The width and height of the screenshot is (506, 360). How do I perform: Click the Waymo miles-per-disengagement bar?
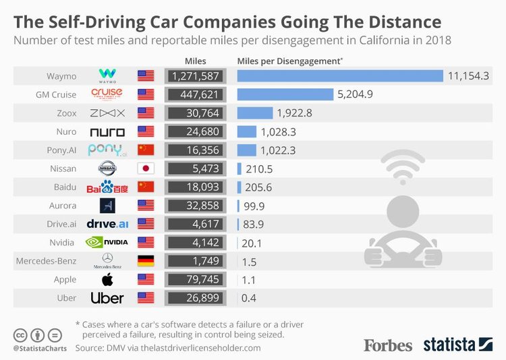pos(340,76)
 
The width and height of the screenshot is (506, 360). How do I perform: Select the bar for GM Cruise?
pos(285,94)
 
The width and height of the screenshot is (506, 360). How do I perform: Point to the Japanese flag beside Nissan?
pos(146,168)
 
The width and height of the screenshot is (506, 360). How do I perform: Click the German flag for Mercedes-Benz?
pos(146,260)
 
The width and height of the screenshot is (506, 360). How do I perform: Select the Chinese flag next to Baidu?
pos(146,186)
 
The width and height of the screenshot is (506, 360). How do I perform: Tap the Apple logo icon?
pos(107,278)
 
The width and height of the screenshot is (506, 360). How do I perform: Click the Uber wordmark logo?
pos(107,297)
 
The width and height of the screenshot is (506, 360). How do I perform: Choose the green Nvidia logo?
pos(107,241)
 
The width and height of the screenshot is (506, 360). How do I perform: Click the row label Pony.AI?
pos(62,150)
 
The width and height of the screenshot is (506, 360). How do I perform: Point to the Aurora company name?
pos(64,205)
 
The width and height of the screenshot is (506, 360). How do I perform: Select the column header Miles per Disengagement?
pos(289,60)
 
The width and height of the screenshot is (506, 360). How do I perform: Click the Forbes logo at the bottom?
pos(388,345)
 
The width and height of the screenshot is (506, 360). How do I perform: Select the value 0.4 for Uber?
pos(249,297)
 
